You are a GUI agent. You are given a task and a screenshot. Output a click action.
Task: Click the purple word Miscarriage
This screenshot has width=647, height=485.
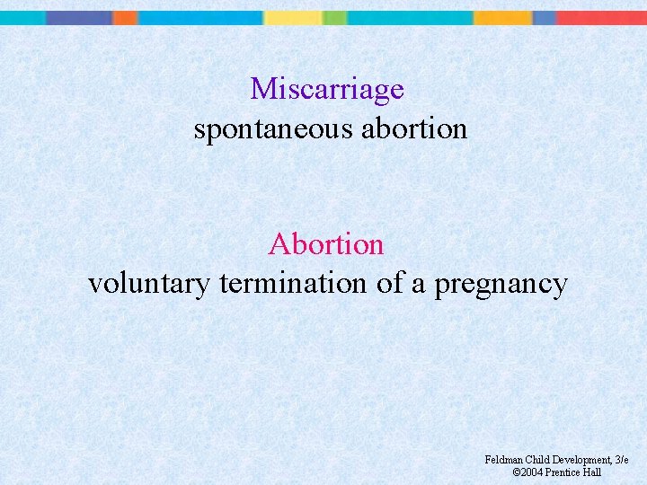327,90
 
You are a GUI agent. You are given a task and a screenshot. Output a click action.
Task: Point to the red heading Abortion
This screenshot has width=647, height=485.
325,244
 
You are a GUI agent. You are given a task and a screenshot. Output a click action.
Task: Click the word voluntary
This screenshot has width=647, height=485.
149,285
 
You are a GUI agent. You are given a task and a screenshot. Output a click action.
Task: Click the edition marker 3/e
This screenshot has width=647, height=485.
620,460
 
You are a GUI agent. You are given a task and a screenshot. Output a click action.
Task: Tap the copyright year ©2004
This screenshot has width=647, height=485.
527,472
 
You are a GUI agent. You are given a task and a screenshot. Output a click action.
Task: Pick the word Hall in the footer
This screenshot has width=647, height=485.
591,472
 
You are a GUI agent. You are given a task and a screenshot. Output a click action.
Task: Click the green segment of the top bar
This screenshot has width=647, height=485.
334,17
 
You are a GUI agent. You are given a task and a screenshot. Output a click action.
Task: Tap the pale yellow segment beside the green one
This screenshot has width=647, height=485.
293,17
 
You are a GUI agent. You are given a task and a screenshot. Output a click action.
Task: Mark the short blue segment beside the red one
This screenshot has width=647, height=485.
545,17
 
